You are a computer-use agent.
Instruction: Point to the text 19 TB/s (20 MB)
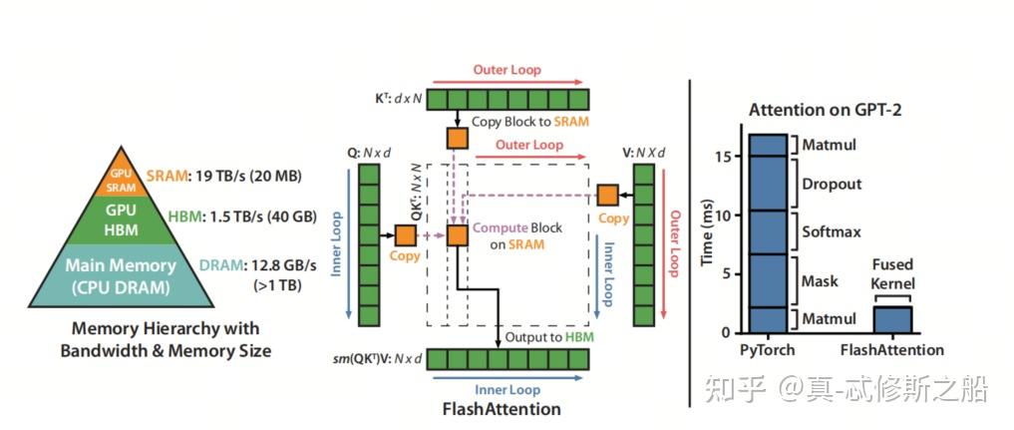248,177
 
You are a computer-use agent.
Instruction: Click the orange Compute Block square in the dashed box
457,235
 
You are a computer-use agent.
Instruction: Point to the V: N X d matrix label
643,153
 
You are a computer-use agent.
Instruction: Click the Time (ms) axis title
707,235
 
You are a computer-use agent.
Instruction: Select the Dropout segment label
832,185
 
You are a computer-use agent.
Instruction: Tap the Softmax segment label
832,232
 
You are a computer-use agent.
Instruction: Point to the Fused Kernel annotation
892,274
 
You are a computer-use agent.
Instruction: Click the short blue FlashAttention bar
893,318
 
